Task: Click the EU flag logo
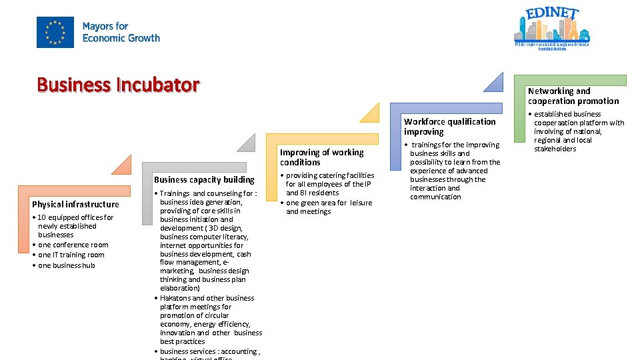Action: click(x=55, y=32)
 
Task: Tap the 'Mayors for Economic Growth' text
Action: click(x=121, y=32)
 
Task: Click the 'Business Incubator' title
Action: click(x=118, y=85)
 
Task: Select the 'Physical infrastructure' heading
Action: click(x=75, y=204)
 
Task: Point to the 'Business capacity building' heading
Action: click(x=204, y=179)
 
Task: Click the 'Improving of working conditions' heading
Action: click(x=321, y=157)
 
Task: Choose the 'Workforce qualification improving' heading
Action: click(x=449, y=127)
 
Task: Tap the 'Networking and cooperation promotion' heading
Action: click(x=573, y=96)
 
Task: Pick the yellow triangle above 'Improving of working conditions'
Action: click(x=371, y=114)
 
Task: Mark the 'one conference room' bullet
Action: click(x=73, y=245)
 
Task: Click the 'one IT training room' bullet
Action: click(x=71, y=255)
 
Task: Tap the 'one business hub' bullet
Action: click(x=67, y=265)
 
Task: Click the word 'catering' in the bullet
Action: click(x=333, y=175)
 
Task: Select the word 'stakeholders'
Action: click(x=555, y=149)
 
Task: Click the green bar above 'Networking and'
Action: click(x=577, y=80)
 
